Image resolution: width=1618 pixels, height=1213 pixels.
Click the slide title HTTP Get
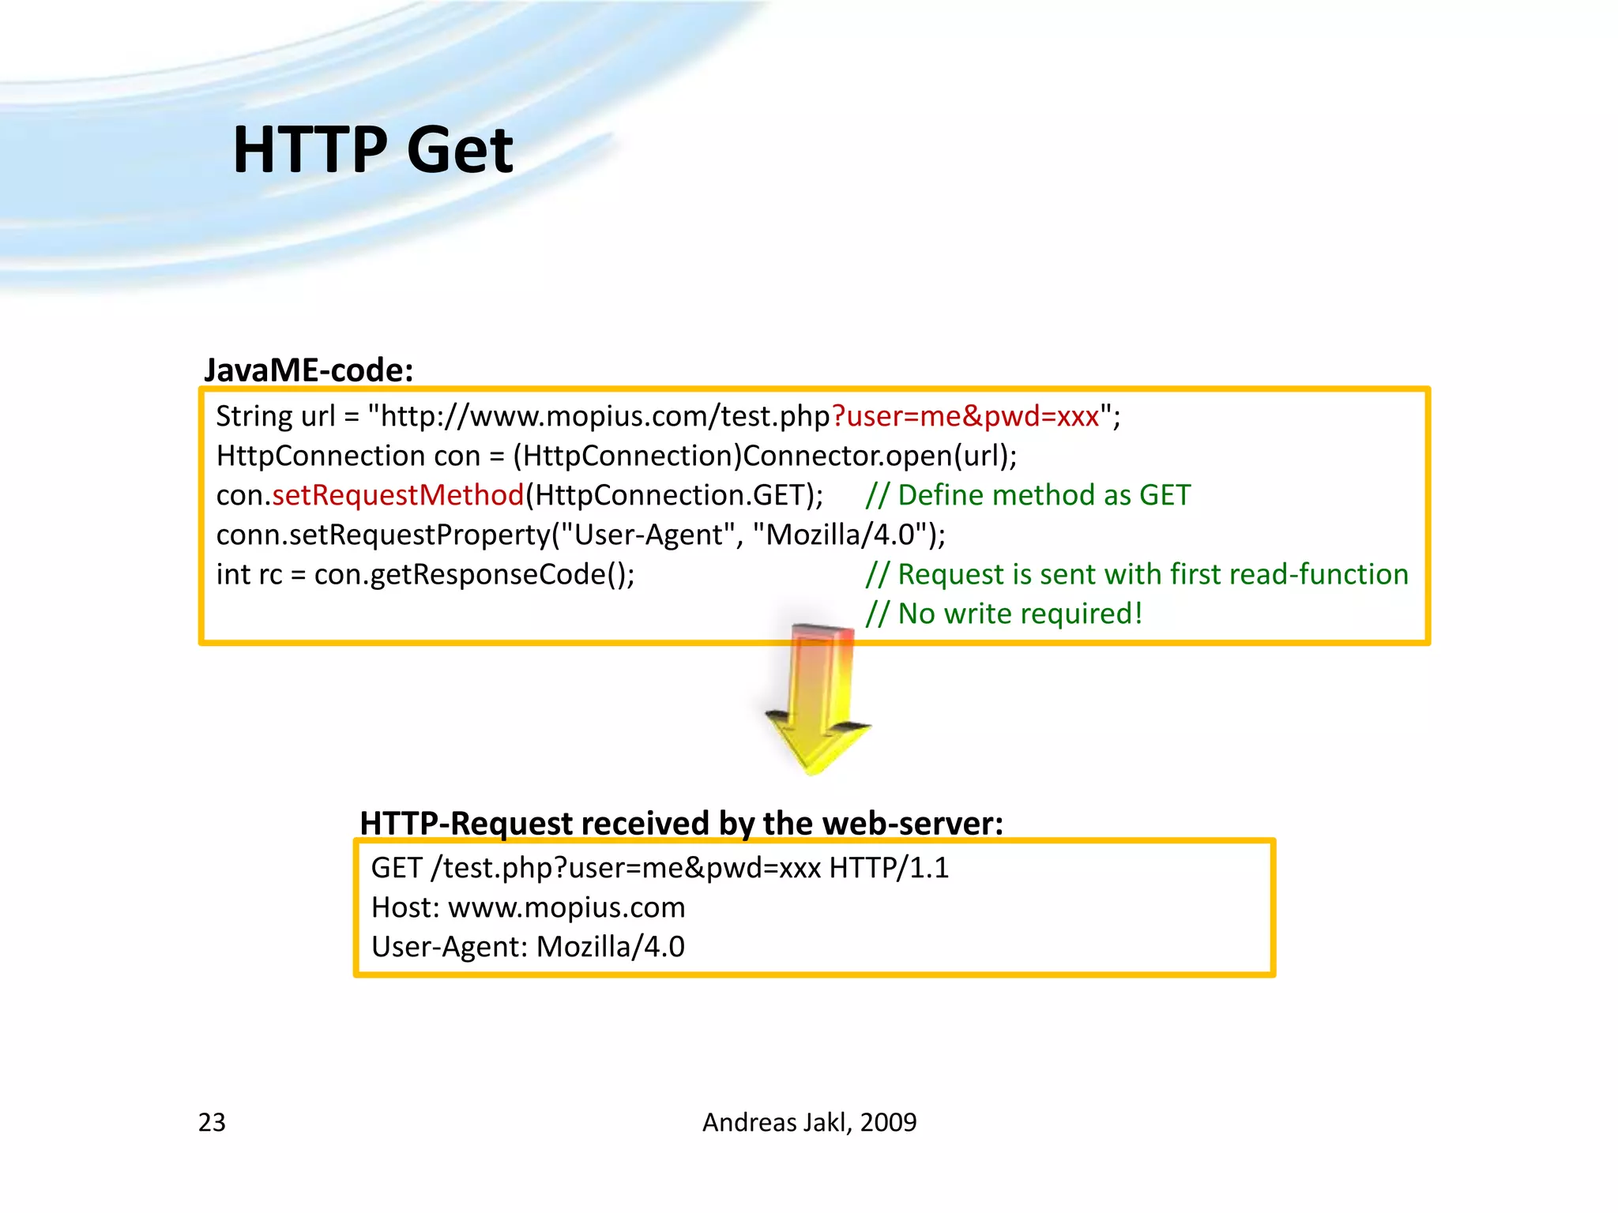pyautogui.click(x=373, y=150)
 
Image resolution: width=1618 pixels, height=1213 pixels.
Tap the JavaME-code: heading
pyautogui.click(x=308, y=370)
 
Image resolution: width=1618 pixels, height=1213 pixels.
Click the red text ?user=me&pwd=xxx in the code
pyautogui.click(x=965, y=416)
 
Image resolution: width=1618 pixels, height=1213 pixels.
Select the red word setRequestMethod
pyautogui.click(x=398, y=495)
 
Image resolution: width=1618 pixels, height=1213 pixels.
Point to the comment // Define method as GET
pyautogui.click(x=1027, y=495)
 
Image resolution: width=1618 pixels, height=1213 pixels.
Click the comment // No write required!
pyautogui.click(x=1003, y=614)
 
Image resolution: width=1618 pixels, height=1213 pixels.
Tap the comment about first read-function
pyautogui.click(x=1136, y=574)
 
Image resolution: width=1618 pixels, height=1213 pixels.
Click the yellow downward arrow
pyautogui.click(x=818, y=703)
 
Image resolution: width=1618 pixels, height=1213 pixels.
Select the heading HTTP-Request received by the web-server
pyautogui.click(x=681, y=823)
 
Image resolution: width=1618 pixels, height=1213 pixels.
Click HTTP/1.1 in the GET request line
pyautogui.click(x=889, y=868)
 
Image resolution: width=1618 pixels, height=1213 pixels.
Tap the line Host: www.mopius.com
pyautogui.click(x=528, y=907)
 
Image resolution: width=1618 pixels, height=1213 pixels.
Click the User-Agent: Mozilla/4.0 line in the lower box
pyautogui.click(x=528, y=947)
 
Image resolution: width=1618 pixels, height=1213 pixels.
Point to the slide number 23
pyautogui.click(x=212, y=1122)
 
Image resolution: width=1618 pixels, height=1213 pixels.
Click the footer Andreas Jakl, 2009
pyautogui.click(x=809, y=1122)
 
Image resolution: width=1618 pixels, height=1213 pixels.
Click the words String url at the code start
pyautogui.click(x=275, y=416)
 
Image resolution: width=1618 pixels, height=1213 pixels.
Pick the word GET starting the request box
pyautogui.click(x=397, y=868)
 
